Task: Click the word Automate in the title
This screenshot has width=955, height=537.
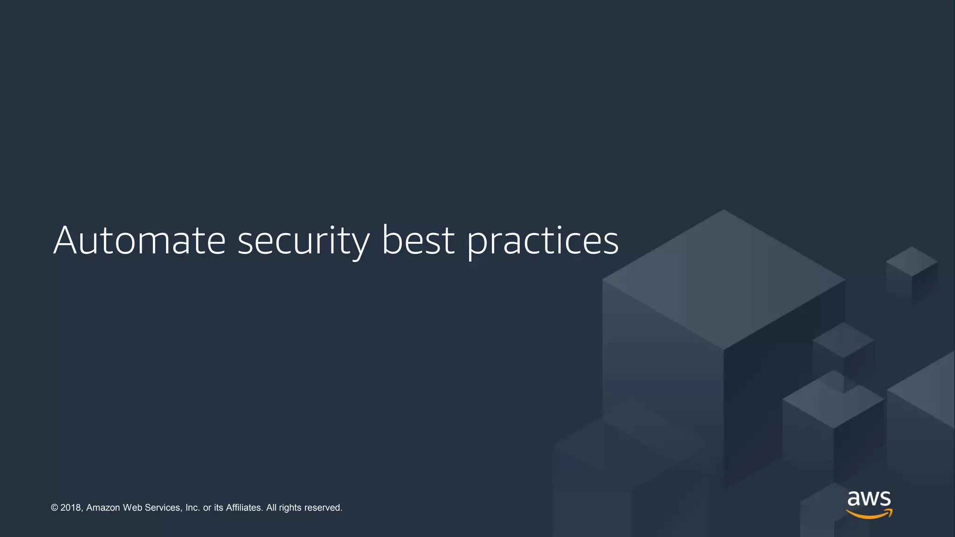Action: tap(139, 241)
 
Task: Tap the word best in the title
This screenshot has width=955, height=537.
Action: tap(418, 241)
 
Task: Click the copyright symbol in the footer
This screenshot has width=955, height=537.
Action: tap(55, 508)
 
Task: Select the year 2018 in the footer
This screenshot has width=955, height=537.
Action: tap(71, 508)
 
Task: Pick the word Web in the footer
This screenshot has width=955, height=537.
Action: tap(132, 508)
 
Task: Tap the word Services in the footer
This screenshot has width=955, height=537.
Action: tap(163, 508)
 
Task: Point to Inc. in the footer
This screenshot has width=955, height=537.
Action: tap(193, 508)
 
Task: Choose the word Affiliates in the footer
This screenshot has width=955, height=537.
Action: tap(244, 508)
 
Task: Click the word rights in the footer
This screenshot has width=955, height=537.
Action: tap(290, 508)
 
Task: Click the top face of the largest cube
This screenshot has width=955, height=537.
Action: tap(724, 280)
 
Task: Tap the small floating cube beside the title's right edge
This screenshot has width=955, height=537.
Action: tap(912, 262)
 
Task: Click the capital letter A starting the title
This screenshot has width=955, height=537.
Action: tap(65, 241)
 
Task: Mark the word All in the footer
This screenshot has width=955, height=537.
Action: tap(271, 508)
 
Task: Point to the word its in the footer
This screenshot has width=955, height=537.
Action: tap(219, 508)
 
